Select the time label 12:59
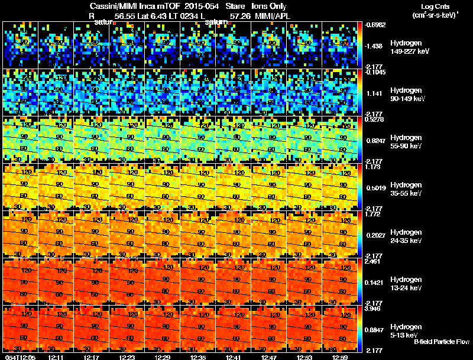coord(341,356)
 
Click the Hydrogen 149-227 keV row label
coord(406,47)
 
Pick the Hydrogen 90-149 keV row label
coord(406,95)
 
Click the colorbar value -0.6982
coord(377,25)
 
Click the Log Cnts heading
coord(433,7)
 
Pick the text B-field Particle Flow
coord(441,342)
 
